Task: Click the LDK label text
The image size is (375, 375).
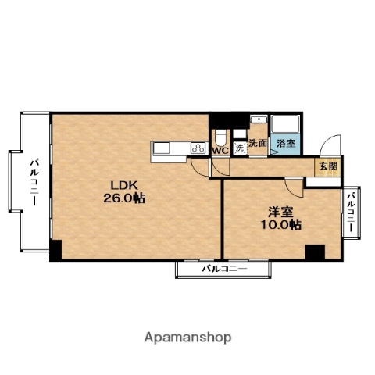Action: [124, 185]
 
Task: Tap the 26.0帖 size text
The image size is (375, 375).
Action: [124, 198]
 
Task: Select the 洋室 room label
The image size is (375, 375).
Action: [281, 212]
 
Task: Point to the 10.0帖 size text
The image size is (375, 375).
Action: [281, 225]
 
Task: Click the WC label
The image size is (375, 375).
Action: [220, 151]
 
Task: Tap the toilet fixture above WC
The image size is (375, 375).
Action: [221, 138]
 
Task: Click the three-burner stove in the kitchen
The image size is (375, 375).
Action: [198, 148]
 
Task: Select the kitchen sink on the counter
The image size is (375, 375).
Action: [162, 148]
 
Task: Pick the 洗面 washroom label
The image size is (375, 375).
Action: [258, 143]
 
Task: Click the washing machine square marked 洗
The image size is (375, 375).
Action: [240, 148]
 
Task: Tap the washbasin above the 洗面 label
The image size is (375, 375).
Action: [259, 120]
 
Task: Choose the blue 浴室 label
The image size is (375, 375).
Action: [286, 143]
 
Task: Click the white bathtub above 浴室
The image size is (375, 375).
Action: [285, 123]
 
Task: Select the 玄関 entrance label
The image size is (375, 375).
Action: [329, 166]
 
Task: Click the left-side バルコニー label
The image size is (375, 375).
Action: [34, 182]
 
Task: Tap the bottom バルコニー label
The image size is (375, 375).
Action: [224, 269]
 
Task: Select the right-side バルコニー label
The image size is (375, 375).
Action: [352, 212]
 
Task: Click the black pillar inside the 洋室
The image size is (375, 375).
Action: [315, 252]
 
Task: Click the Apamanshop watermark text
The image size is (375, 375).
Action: [187, 337]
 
